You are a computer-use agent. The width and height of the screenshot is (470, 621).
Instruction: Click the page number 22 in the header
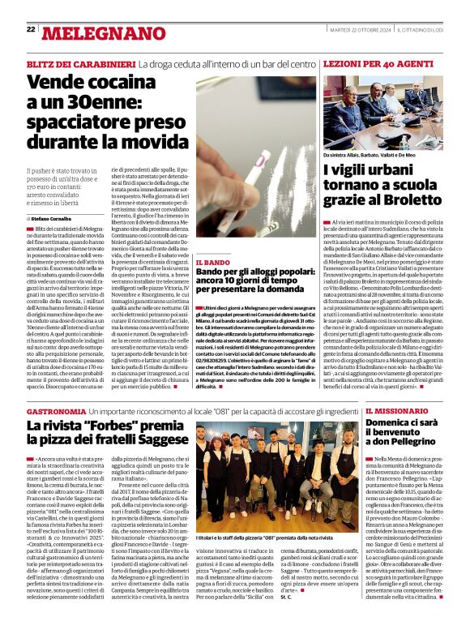coord(31,29)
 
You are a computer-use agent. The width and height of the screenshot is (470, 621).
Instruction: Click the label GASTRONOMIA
coord(56,413)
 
